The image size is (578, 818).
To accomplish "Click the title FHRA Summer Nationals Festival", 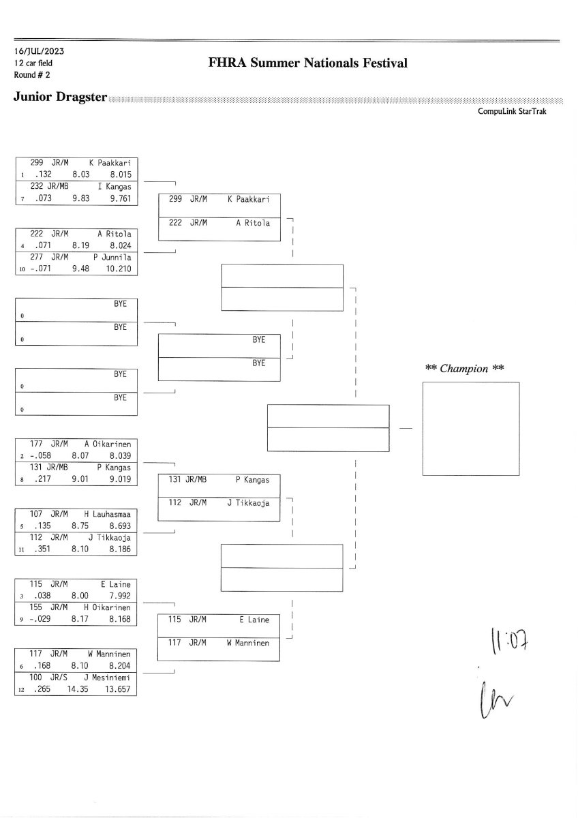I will (x=308, y=63).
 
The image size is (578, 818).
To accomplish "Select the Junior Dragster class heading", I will (x=60, y=97).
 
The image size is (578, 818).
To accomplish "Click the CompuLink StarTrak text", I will (x=512, y=111).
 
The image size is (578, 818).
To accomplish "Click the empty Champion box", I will (x=470, y=429).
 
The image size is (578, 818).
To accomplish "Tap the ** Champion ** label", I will (x=464, y=369).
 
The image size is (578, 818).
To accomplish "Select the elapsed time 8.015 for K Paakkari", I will (x=119, y=175).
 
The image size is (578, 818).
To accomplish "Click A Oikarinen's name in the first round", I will (x=108, y=444).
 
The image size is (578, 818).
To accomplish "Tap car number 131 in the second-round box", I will (x=175, y=480).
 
